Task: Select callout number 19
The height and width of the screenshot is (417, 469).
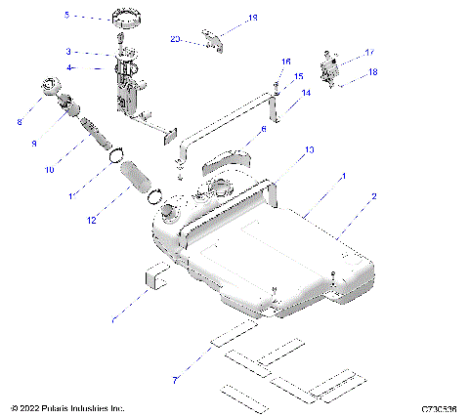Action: point(252,18)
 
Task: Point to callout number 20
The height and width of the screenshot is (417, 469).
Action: point(176,40)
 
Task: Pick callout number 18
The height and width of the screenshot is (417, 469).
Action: point(372,72)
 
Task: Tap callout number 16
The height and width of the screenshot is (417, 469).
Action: point(286,62)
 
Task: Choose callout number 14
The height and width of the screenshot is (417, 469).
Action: point(306,94)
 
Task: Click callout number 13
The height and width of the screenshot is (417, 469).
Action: point(310,150)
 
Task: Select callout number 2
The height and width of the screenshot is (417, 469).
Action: point(372,196)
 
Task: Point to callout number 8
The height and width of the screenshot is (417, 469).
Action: point(19,122)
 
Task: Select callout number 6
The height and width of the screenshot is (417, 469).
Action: point(263,130)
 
